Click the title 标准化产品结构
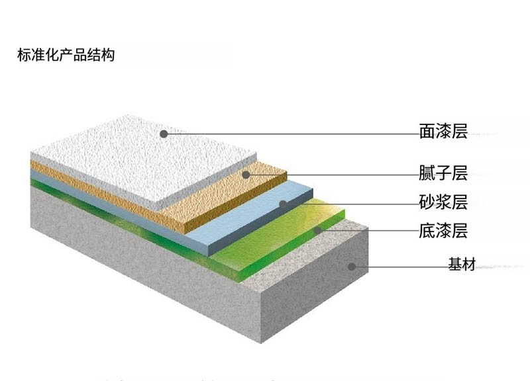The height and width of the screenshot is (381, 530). tap(66, 55)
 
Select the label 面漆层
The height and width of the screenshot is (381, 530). tap(443, 132)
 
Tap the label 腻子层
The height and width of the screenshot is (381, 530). tap(443, 174)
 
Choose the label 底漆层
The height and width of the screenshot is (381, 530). tap(443, 232)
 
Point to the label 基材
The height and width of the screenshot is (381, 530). tap(462, 265)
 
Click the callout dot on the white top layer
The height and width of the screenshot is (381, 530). tap(163, 134)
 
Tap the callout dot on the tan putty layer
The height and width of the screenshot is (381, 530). tap(245, 175)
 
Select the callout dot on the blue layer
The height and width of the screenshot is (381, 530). tap(283, 204)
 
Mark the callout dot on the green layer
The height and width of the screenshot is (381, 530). tap(318, 231)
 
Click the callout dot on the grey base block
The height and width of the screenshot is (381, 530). tap(352, 267)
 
